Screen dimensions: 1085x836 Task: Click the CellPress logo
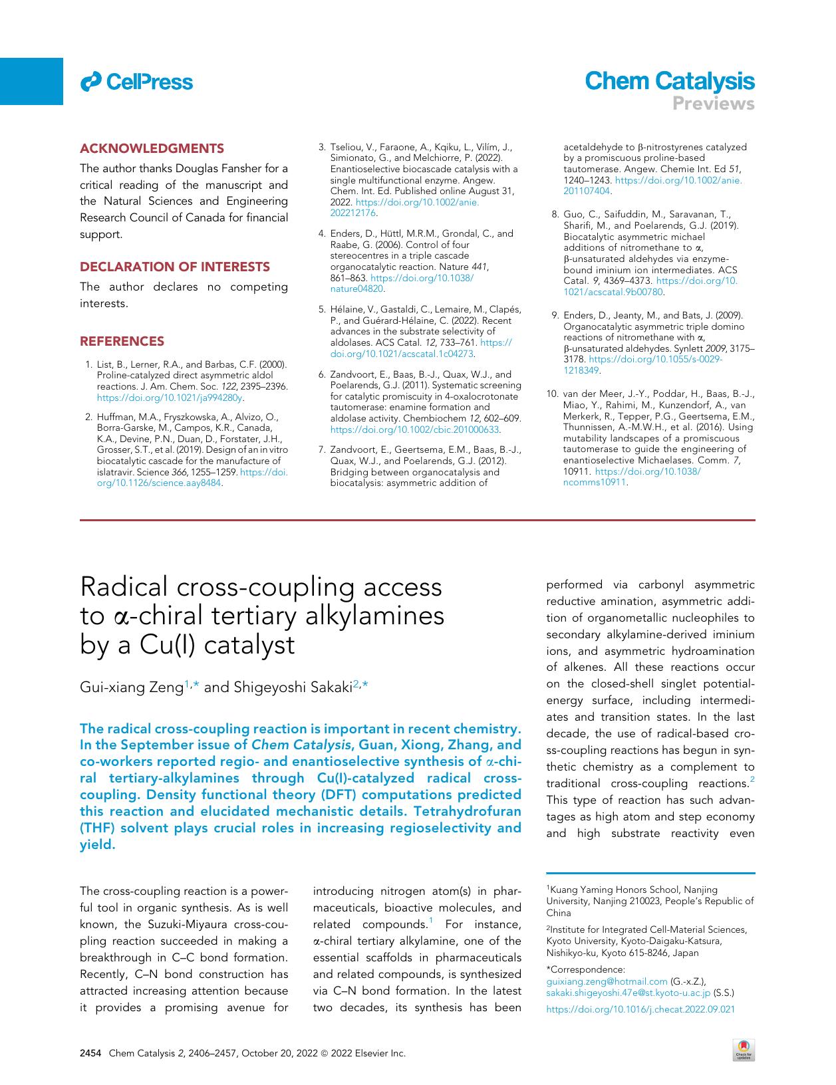pyautogui.click(x=136, y=82)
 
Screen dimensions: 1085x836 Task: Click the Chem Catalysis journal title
pyautogui.click(x=669, y=81)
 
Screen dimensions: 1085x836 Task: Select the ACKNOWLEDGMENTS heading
pyautogui.click(x=152, y=148)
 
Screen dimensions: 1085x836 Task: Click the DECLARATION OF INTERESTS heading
pyautogui.click(x=175, y=267)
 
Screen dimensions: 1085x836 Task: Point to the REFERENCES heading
pyautogui.click(x=122, y=341)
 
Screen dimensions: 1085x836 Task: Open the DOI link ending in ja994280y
pyautogui.click(x=170, y=398)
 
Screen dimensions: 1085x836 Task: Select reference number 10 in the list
pyautogui.click(x=552, y=394)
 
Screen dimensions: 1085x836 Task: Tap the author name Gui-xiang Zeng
pyautogui.click(x=132, y=687)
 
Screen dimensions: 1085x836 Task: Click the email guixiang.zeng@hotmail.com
pyautogui.click(x=606, y=981)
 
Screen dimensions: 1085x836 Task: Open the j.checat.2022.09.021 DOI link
pyautogui.click(x=640, y=1009)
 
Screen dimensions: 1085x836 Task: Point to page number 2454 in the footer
pyautogui.click(x=90, y=1053)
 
